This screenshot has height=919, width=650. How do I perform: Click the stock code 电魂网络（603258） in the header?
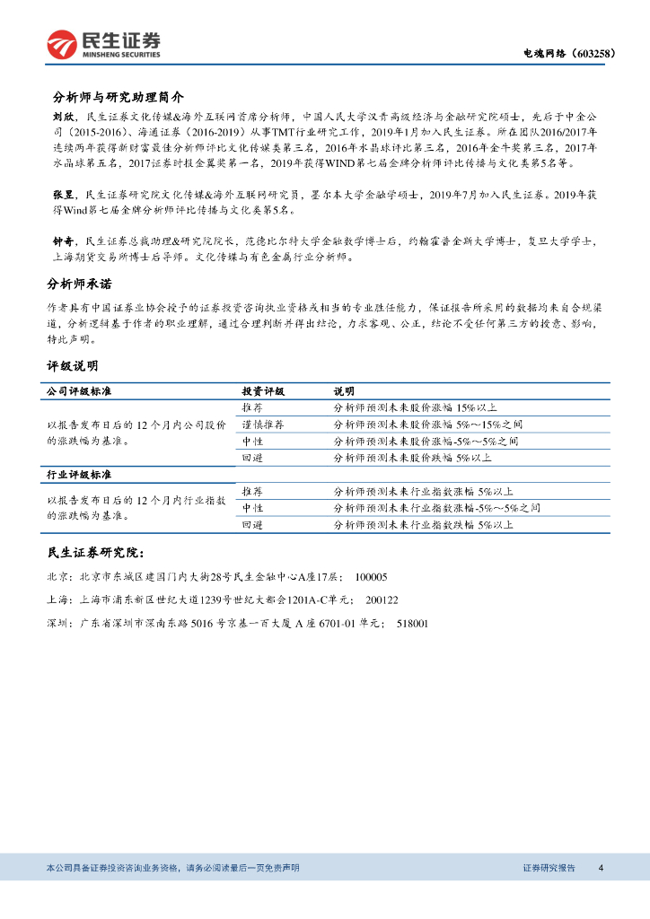[x=569, y=54]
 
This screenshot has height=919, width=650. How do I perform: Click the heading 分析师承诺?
[x=79, y=284]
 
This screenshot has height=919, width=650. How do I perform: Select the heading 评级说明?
[x=73, y=366]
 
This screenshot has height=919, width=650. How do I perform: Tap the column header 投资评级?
[x=263, y=391]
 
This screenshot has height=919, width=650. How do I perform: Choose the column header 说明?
[x=344, y=391]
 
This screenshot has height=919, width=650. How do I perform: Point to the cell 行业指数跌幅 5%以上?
[x=422, y=524]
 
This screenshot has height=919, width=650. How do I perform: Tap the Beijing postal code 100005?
[x=372, y=577]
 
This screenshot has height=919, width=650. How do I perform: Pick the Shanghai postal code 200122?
[x=383, y=600]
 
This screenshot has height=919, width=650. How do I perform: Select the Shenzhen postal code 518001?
[x=412, y=623]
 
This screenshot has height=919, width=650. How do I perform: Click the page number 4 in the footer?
[x=601, y=868]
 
